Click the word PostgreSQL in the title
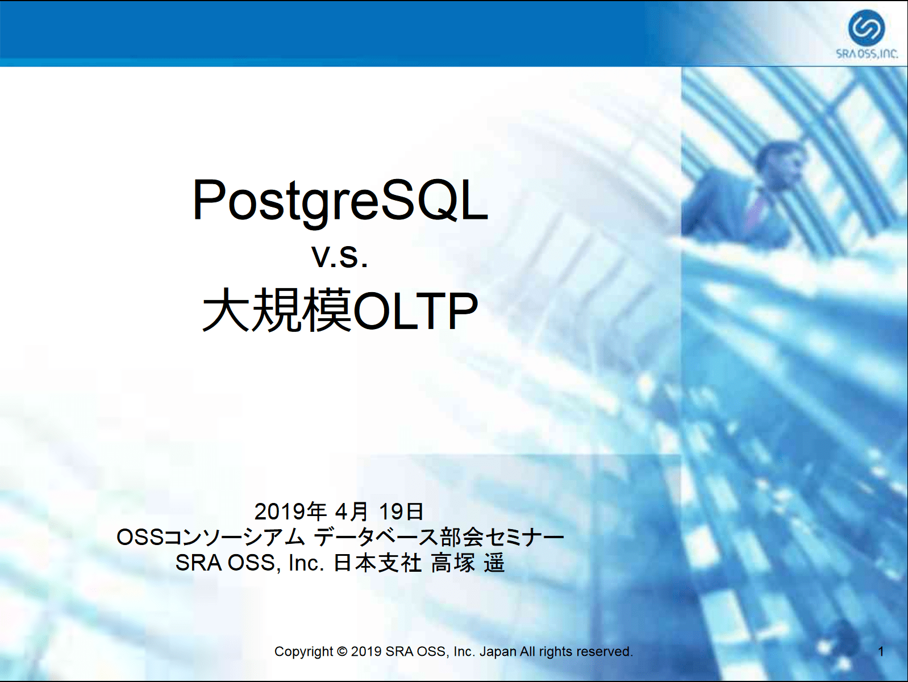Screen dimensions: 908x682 (340, 201)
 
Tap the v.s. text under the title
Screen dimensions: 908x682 (340, 256)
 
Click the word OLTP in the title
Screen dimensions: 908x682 (415, 311)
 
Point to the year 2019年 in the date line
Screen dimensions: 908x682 (291, 511)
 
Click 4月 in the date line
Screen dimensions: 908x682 (351, 511)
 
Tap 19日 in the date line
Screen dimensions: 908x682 (401, 511)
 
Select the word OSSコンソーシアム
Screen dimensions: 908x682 (211, 537)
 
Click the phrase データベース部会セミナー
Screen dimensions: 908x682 (439, 537)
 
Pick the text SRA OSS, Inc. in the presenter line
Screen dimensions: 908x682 (250, 563)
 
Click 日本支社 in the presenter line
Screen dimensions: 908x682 (377, 563)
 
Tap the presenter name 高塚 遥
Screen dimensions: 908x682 (468, 563)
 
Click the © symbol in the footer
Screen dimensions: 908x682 (342, 651)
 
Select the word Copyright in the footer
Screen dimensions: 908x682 (303, 652)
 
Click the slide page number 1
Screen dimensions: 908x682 (881, 652)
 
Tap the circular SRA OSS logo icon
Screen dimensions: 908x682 (866, 28)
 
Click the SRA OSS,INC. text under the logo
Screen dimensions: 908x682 (867, 54)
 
